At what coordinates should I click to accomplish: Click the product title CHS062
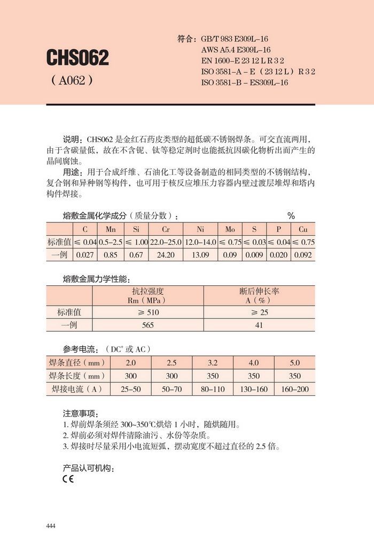pyautogui.click(x=77, y=58)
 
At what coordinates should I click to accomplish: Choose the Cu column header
pyautogui.click(x=303, y=229)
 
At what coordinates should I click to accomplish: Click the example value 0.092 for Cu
pyautogui.click(x=303, y=255)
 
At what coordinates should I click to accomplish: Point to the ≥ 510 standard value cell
pyautogui.click(x=147, y=312)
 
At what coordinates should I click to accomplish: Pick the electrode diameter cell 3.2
pyautogui.click(x=213, y=363)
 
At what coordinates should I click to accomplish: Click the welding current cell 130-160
pyautogui.click(x=254, y=389)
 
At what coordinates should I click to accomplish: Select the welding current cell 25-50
pyautogui.click(x=131, y=389)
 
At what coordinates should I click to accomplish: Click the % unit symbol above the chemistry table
pyautogui.click(x=291, y=216)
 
